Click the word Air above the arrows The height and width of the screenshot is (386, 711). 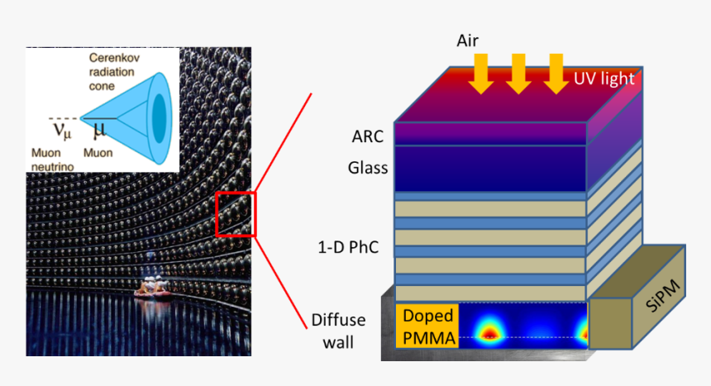point(468,40)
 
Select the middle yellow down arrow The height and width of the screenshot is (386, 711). point(518,73)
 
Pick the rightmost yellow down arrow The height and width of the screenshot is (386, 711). point(555,73)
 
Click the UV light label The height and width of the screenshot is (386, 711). point(604,79)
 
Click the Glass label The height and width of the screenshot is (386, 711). point(367,169)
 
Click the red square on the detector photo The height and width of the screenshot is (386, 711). point(236,213)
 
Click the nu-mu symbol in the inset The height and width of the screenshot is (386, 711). point(61,131)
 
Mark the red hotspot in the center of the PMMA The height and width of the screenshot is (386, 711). point(488,332)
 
